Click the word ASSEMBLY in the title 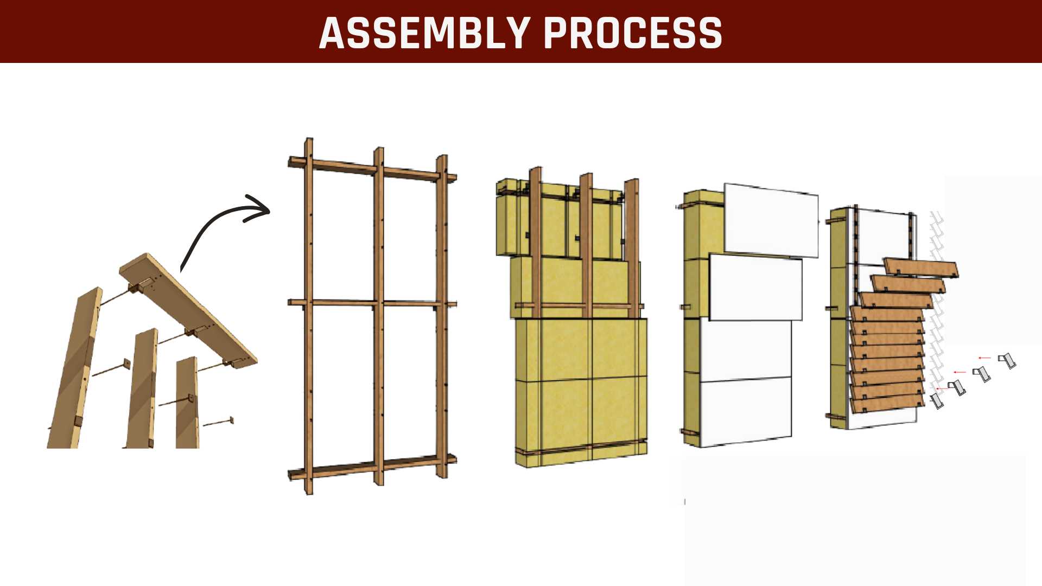425,33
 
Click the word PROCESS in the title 633,33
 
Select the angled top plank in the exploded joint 188,310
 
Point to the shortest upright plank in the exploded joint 187,403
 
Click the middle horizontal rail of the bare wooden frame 372,303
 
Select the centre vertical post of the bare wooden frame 378,316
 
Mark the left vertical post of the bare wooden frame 308,316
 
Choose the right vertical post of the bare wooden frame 442,316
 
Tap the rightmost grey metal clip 1007,360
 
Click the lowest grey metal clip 937,400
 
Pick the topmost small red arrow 984,358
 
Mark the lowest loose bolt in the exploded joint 218,422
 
